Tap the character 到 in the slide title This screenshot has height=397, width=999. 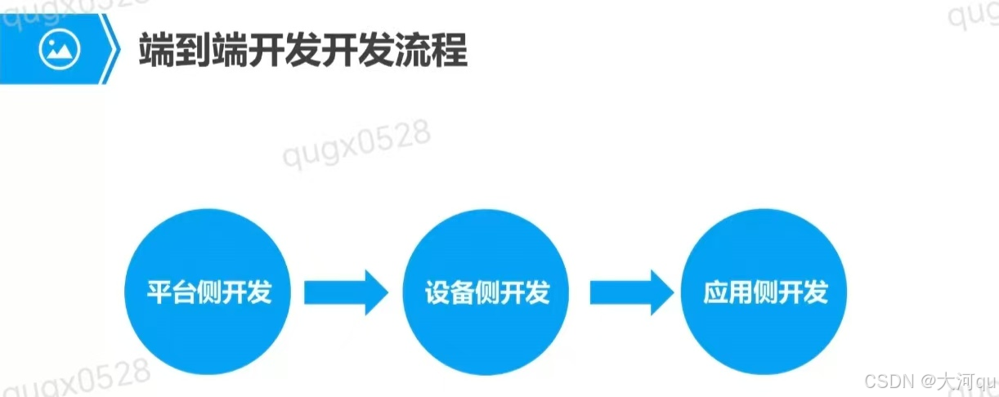coord(195,51)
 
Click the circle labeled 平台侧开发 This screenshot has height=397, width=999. coord(209,292)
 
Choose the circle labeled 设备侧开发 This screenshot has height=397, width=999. coord(487,292)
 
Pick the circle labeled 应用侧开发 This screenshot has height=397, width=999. coord(765,292)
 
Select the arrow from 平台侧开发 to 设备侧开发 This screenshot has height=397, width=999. coord(346,292)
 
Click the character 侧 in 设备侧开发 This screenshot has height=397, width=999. coord(487,292)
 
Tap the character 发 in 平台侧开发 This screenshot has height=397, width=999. coord(258,292)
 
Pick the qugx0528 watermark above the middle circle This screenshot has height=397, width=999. coord(357,145)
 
